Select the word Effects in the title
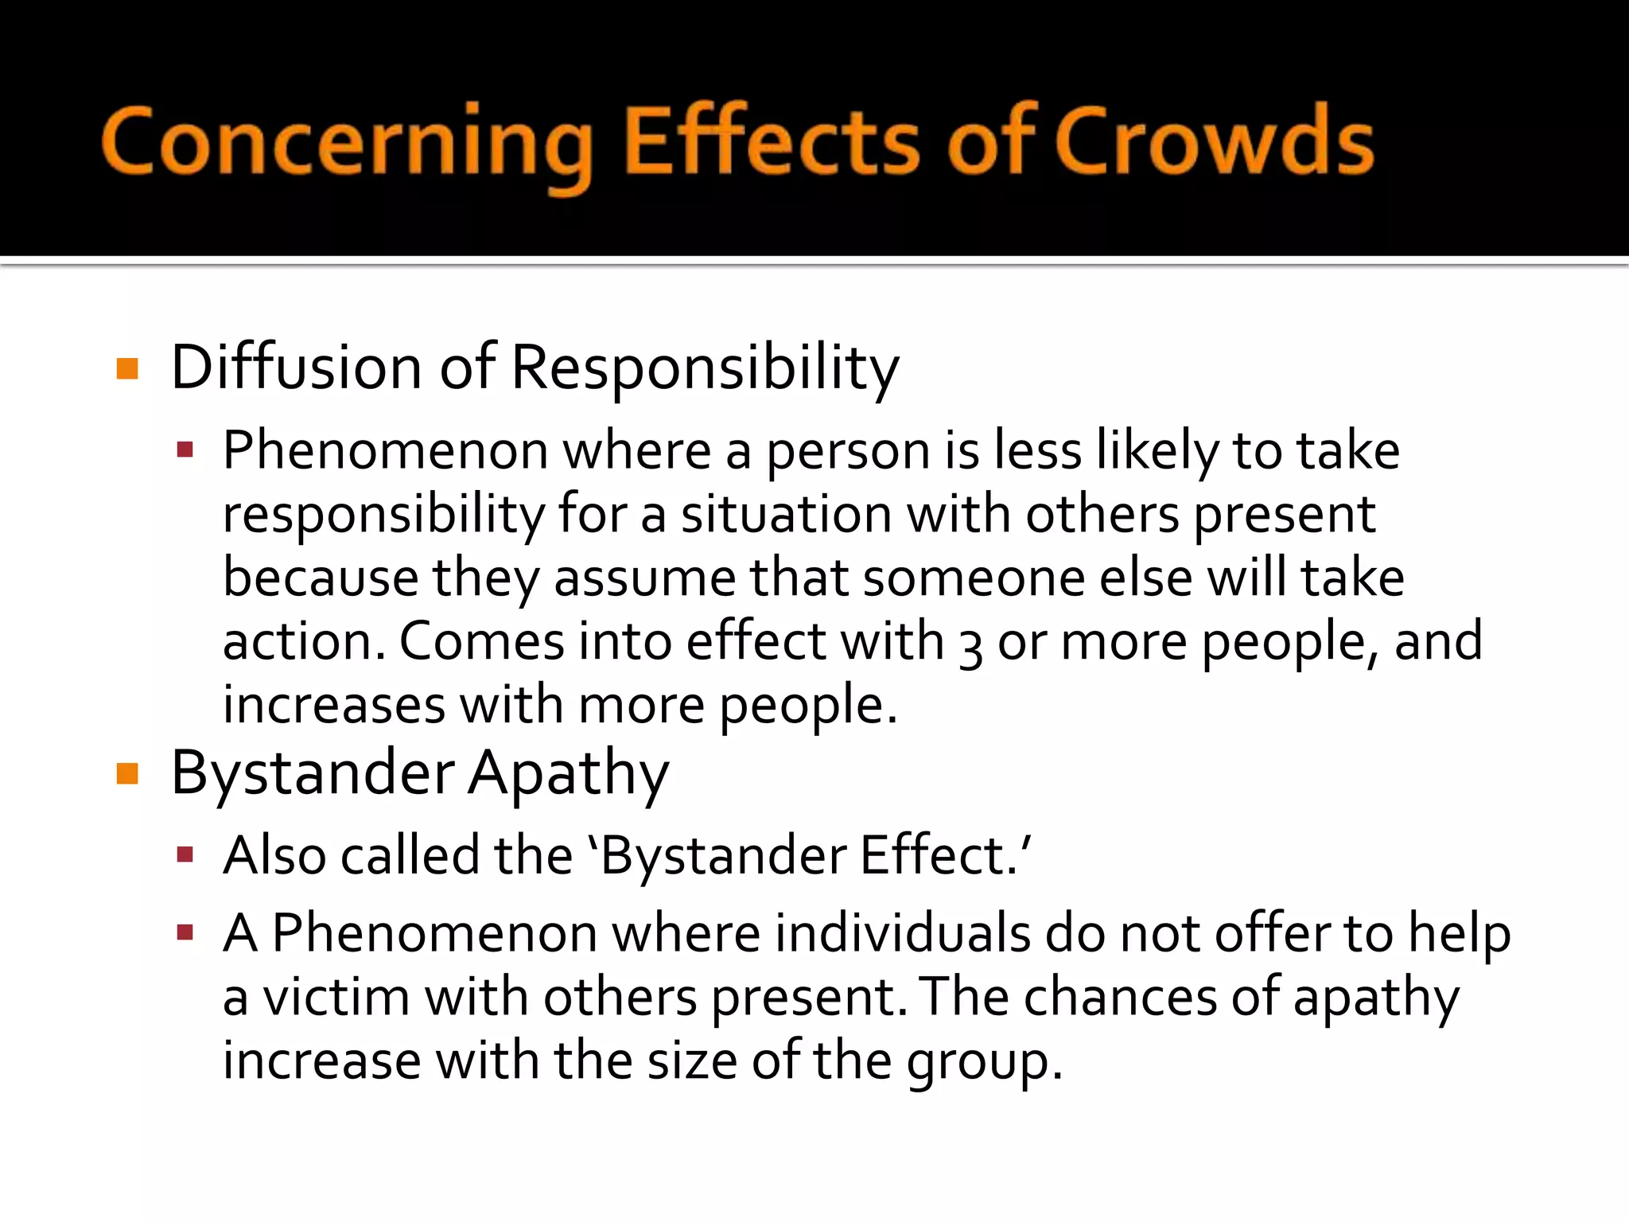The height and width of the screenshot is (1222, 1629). (771, 141)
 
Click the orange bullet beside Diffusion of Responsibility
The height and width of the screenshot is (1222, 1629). (127, 368)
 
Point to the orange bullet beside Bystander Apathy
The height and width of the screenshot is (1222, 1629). (127, 773)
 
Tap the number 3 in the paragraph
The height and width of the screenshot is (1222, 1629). (970, 644)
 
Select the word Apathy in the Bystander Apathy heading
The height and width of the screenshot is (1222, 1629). (568, 774)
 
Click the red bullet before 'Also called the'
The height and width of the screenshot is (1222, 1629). (185, 855)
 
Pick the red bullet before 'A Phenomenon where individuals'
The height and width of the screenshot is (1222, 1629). (185, 932)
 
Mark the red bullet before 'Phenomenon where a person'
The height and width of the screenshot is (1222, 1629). (185, 451)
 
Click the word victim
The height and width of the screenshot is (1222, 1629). (336, 997)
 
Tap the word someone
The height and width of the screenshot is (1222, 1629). (974, 578)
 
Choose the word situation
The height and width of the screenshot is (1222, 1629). (786, 515)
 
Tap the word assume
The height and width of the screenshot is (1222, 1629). (645, 578)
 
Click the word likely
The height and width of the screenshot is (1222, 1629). (1157, 451)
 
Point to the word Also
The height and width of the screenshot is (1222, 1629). (274, 855)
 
